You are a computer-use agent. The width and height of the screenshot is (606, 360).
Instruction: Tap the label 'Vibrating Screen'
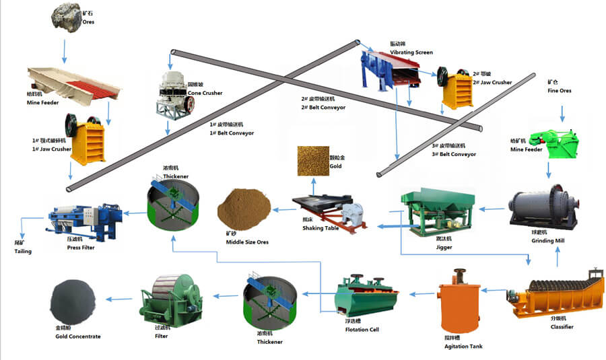coord(411,52)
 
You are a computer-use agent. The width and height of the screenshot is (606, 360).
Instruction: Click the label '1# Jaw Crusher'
coord(51,149)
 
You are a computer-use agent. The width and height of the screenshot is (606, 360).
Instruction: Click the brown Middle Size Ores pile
coord(243,209)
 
